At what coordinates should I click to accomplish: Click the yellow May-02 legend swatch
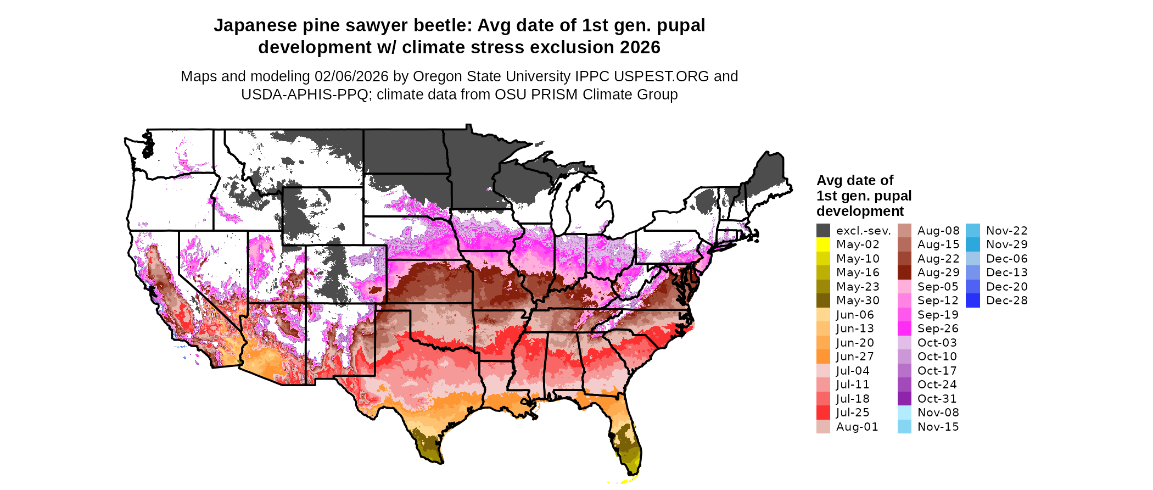[823, 244]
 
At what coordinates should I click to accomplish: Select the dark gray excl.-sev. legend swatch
[823, 231]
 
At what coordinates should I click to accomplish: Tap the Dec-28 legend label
[1006, 300]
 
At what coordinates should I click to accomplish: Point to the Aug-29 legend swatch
[904, 272]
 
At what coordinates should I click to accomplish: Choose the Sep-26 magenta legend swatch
[904, 328]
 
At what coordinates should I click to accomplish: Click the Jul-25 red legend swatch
[823, 413]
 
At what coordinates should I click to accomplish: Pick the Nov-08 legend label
[938, 413]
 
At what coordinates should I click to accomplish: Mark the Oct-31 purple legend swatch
[904, 399]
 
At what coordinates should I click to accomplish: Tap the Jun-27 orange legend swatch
[823, 357]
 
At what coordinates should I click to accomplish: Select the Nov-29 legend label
[1006, 244]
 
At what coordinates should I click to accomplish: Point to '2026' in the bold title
[640, 48]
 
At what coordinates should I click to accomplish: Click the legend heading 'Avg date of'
[854, 180]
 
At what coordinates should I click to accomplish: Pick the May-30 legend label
[857, 300]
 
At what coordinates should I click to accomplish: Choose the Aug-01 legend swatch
[823, 427]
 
